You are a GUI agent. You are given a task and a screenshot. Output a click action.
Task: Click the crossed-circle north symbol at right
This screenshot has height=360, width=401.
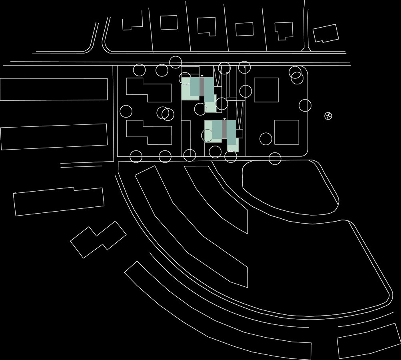click(x=328, y=116)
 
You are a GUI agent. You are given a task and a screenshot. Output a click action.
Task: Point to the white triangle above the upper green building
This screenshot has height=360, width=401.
click(x=202, y=76)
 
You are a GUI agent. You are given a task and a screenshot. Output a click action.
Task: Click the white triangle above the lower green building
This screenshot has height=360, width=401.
click(x=225, y=119)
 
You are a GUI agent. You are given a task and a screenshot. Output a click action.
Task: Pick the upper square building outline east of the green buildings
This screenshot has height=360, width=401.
click(x=266, y=90)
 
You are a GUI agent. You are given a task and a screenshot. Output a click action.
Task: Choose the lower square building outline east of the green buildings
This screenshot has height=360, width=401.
click(x=287, y=132)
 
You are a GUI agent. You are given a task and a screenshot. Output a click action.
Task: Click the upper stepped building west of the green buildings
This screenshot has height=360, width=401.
click(x=149, y=90)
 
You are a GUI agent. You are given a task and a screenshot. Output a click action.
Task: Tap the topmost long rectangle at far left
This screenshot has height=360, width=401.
click(x=54, y=89)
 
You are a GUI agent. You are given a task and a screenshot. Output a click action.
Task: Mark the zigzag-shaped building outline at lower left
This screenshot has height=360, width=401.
click(x=98, y=239)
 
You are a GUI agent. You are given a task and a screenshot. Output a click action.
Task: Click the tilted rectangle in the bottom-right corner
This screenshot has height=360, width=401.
click(x=369, y=341)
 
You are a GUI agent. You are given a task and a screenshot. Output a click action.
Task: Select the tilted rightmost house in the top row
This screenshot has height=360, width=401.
click(x=325, y=33)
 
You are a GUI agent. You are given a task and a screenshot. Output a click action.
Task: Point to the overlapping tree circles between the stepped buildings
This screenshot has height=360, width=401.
click(x=166, y=114)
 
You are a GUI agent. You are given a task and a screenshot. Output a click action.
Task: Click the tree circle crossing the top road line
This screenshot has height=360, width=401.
click(x=176, y=62)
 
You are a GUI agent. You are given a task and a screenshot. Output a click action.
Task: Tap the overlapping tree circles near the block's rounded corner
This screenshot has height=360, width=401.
click(x=296, y=76)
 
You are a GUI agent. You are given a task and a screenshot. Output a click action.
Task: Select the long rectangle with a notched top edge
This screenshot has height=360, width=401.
click(x=59, y=201)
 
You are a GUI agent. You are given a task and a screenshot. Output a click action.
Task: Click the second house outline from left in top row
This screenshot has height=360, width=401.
click(x=169, y=22)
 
